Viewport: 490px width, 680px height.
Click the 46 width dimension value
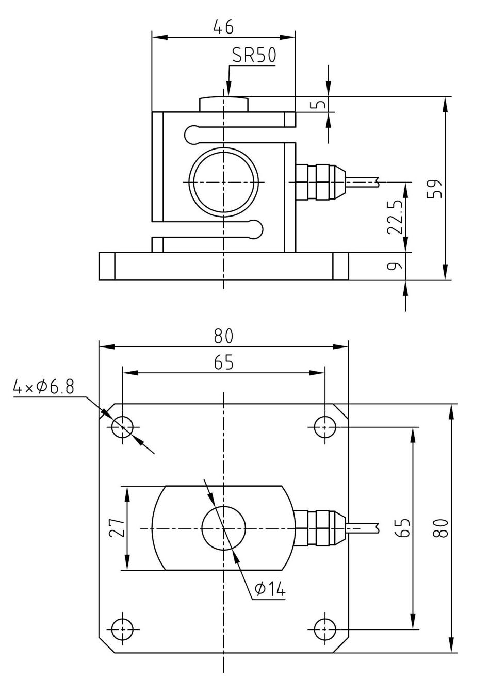pyautogui.click(x=223, y=26)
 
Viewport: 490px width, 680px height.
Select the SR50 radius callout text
pyautogui.click(x=254, y=56)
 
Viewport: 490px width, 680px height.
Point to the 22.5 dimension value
pyautogui.click(x=395, y=216)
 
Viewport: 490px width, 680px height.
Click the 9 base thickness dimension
pyautogui.click(x=395, y=266)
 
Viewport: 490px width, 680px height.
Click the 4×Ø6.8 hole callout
pyautogui.click(x=43, y=387)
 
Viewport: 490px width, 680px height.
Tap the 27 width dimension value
pyautogui.click(x=117, y=528)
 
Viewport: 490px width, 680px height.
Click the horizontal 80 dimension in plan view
pyautogui.click(x=223, y=336)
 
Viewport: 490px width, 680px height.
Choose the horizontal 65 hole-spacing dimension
pyautogui.click(x=223, y=362)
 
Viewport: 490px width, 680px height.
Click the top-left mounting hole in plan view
pyautogui.click(x=122, y=427)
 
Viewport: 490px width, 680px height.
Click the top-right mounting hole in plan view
pyautogui.click(x=325, y=427)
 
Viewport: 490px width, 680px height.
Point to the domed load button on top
pyautogui.click(x=223, y=104)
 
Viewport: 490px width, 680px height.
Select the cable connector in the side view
pyautogui.click(x=321, y=182)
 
